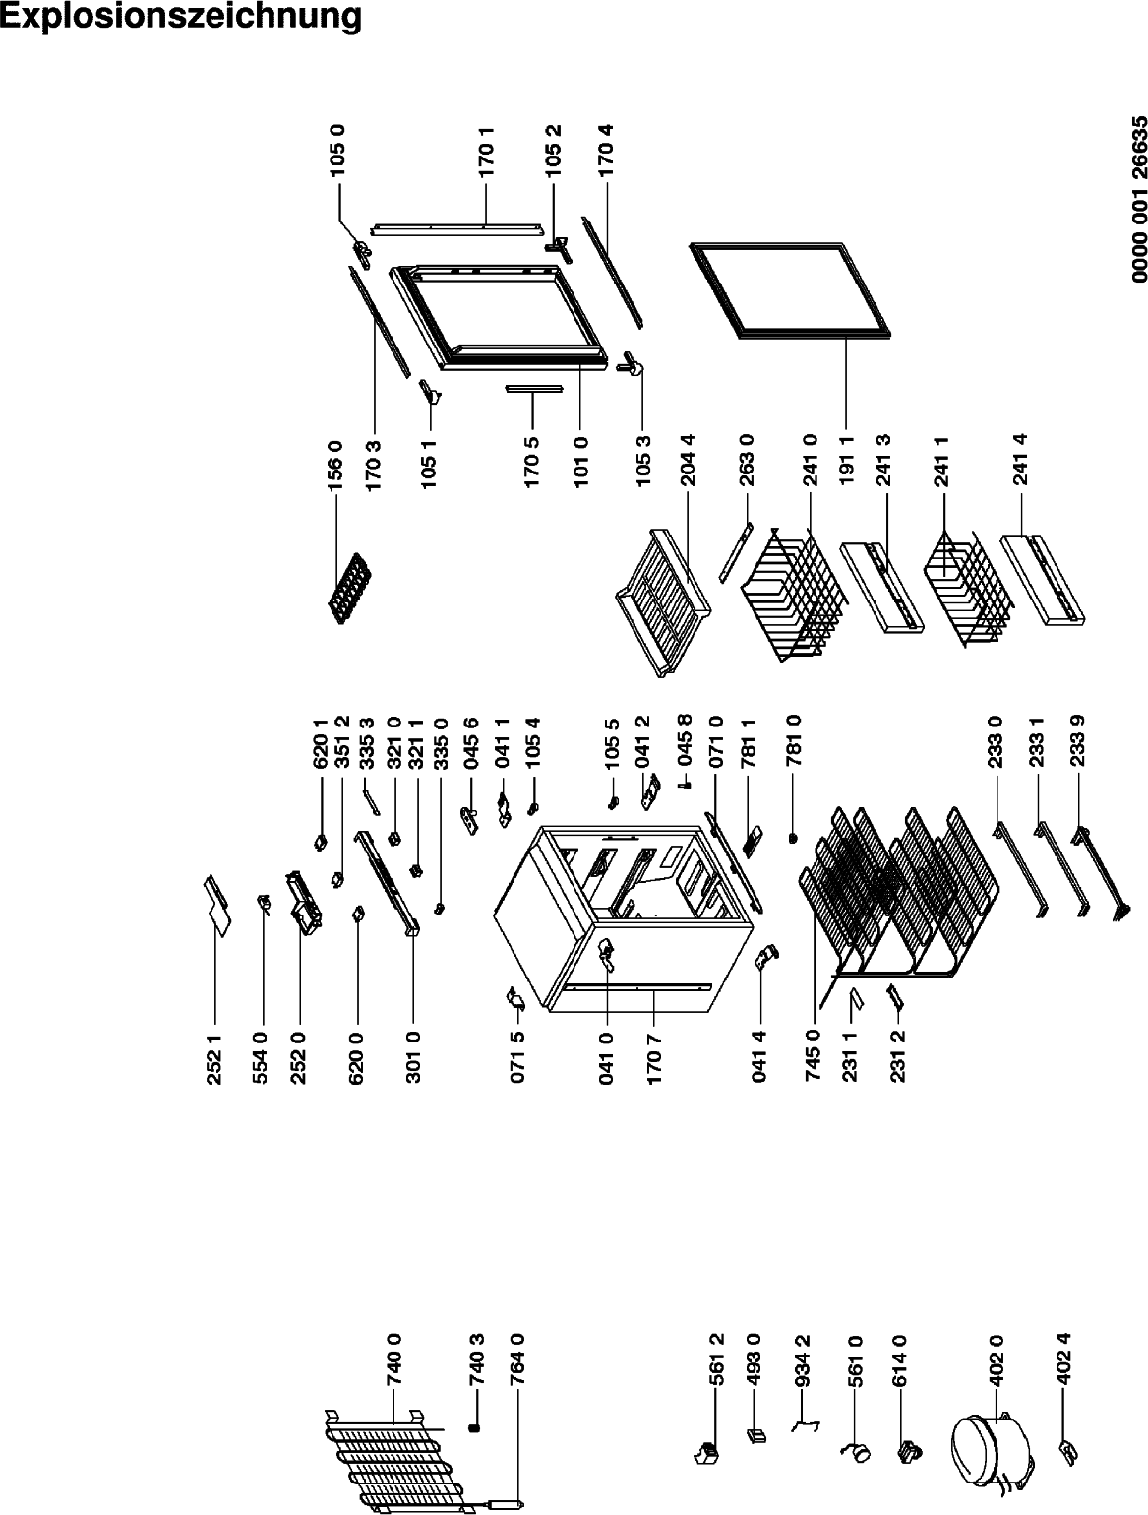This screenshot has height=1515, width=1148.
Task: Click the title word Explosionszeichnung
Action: (180, 17)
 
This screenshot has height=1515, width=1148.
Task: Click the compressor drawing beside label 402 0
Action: (991, 1446)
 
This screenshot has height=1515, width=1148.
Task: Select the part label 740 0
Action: (394, 1359)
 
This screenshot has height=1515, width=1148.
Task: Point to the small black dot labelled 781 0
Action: (792, 838)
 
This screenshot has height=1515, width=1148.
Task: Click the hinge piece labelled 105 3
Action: (633, 364)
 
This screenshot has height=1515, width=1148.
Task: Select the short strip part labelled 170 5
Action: (533, 389)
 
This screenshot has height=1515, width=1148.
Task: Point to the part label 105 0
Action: (337, 150)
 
